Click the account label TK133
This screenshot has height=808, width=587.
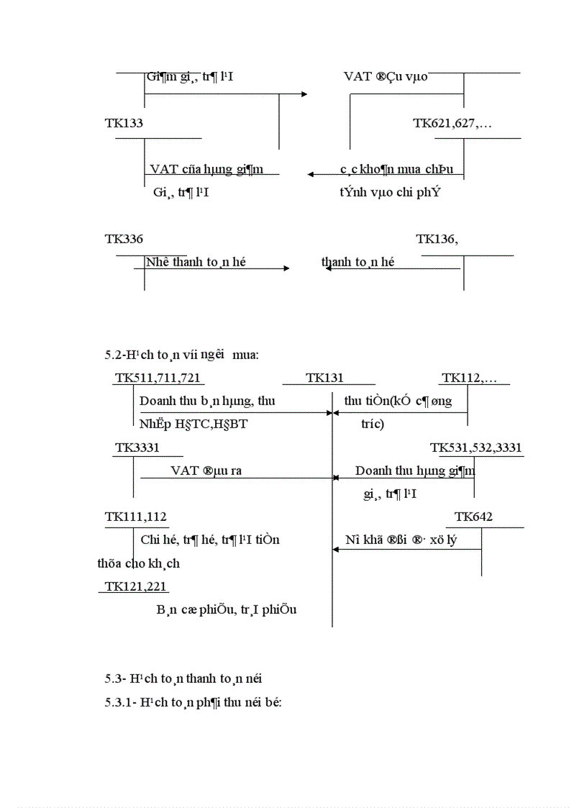coord(124,123)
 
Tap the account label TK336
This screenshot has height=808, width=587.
coord(124,240)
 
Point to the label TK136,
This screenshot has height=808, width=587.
coord(437,240)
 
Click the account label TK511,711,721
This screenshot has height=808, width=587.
coord(158,378)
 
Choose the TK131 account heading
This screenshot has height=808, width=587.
coord(324,378)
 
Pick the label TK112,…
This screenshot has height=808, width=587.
coord(475,378)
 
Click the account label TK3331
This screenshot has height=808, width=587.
coord(137,448)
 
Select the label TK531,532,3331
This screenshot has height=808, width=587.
coord(476,448)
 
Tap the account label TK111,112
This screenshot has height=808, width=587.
coord(136,517)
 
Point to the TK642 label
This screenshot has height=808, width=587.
coord(474,517)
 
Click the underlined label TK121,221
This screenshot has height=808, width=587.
coord(135,586)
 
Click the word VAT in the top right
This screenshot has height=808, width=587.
coord(358,76)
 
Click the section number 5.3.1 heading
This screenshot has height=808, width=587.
coord(119,702)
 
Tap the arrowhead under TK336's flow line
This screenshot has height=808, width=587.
coord(286,268)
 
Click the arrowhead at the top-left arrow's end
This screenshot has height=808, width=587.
coord(304,94)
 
